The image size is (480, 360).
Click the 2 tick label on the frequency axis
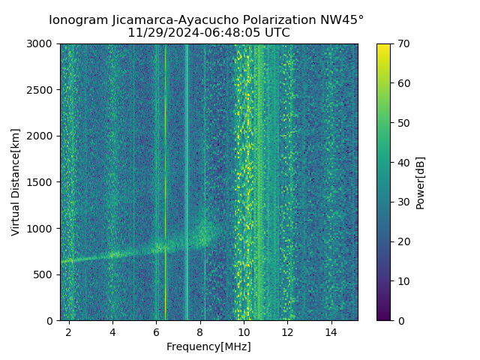[x=68, y=331]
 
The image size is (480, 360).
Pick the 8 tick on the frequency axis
[x=200, y=331]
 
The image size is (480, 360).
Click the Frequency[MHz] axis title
[x=208, y=346]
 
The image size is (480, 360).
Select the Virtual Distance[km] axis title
[x=16, y=181]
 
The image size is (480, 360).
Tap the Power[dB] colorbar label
[x=420, y=182]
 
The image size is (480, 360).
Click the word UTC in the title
[x=276, y=33]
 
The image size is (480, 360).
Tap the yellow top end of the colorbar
[x=383, y=46]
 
